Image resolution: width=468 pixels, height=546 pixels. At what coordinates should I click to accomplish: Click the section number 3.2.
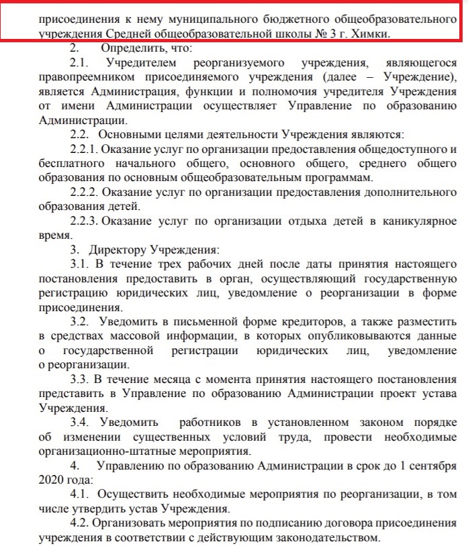[80, 321]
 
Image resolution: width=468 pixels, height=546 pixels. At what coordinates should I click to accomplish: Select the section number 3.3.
[80, 379]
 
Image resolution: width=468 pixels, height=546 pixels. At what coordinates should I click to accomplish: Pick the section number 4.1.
[80, 494]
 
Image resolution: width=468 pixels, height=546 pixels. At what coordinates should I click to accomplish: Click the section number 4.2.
[80, 523]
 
